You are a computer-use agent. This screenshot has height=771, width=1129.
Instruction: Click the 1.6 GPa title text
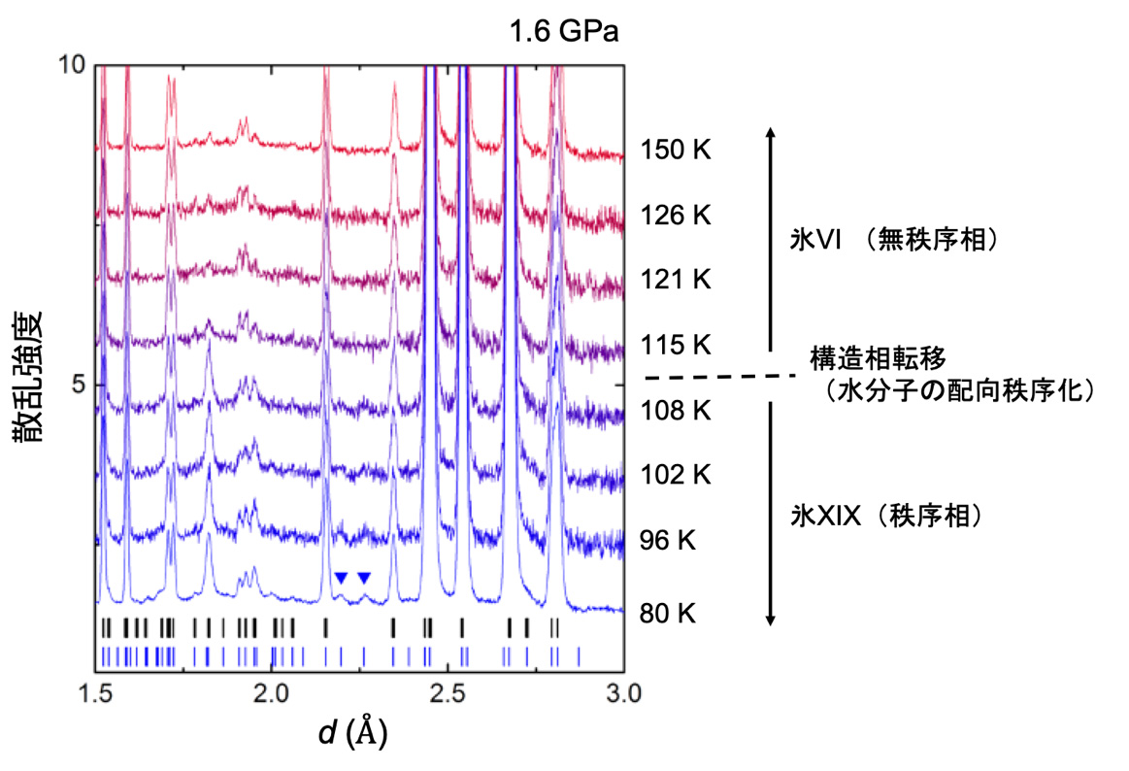(564, 32)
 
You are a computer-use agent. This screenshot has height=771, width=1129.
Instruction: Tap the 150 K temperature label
(676, 151)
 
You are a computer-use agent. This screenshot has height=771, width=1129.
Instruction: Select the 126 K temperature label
(676, 216)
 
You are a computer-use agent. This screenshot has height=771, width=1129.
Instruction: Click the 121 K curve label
(676, 281)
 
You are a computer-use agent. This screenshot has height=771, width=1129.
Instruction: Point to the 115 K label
(676, 346)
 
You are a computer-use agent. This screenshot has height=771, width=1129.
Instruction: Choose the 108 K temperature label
(676, 411)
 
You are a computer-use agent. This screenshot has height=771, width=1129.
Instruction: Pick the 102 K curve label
(676, 476)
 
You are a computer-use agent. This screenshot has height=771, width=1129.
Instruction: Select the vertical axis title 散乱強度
(28, 378)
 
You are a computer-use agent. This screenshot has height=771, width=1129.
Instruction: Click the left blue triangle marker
(341, 578)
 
